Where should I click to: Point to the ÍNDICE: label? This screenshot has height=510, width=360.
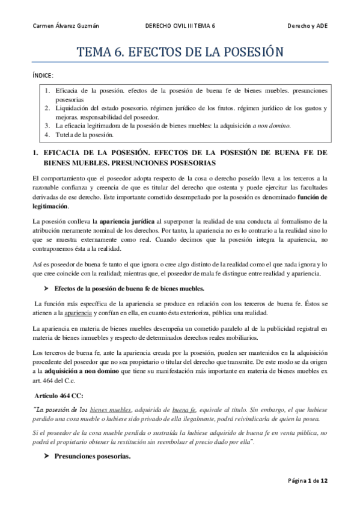pyautogui.click(x=42, y=76)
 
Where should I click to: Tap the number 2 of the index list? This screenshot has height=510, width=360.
pyautogui.click(x=46, y=108)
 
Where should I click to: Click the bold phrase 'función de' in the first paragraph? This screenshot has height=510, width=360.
pyautogui.click(x=308, y=197)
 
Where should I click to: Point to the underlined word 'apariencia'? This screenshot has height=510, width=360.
pyautogui.click(x=83, y=313)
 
